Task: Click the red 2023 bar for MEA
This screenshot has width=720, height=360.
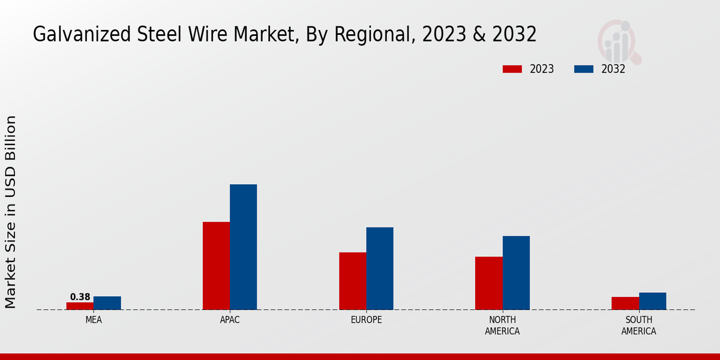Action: click(80, 306)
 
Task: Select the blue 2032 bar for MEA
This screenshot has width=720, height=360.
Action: click(107, 303)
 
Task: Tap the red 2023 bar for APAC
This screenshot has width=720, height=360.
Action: click(216, 266)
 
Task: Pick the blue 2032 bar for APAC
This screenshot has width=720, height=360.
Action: click(244, 247)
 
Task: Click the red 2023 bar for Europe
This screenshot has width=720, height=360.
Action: click(353, 281)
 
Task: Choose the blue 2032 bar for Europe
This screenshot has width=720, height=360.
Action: click(380, 268)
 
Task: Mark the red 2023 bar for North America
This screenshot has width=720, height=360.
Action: click(489, 283)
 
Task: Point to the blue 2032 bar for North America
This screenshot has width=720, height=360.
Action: click(516, 272)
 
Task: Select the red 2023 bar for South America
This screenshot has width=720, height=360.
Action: click(625, 303)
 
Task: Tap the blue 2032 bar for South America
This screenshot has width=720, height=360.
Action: click(652, 301)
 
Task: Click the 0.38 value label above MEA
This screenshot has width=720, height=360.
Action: click(80, 297)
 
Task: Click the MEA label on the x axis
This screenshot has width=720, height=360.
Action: click(94, 320)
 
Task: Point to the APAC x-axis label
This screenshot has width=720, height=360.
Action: click(230, 320)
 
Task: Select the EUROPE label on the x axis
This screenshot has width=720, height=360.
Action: click(366, 320)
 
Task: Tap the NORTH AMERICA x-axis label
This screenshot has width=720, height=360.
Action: click(502, 325)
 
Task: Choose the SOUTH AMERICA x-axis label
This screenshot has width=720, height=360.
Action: click(638, 325)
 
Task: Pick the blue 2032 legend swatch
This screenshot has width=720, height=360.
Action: click(584, 69)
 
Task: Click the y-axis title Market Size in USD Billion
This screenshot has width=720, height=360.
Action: click(11, 212)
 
